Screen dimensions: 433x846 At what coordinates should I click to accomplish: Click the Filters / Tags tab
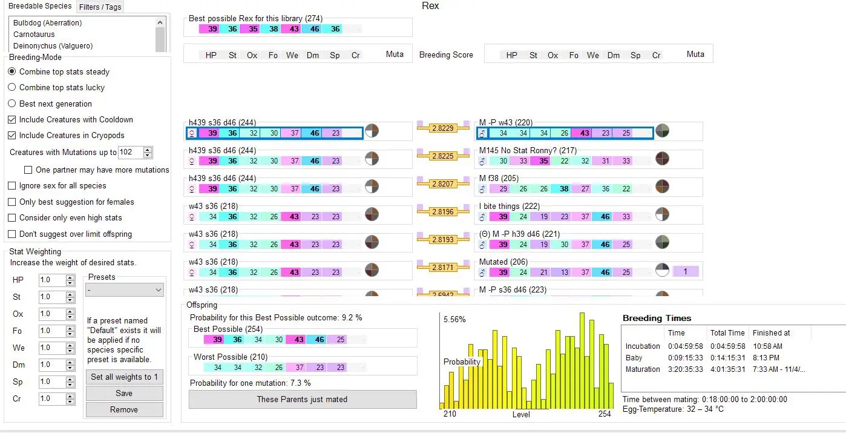pos(100,7)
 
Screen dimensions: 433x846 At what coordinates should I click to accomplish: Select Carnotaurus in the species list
pos(34,35)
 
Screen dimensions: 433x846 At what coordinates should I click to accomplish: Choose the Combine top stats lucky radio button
pos(12,87)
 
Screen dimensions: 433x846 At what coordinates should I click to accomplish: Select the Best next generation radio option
pos(12,104)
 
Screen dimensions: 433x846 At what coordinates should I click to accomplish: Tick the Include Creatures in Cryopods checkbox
pos(12,135)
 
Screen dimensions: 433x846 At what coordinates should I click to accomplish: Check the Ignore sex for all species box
pos(12,186)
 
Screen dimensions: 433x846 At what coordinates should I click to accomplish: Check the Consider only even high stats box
pos(12,218)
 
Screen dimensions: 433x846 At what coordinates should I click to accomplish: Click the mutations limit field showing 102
pos(130,152)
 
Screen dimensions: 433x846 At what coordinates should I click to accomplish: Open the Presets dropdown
pos(125,290)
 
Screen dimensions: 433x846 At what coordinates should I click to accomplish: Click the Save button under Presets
pos(124,393)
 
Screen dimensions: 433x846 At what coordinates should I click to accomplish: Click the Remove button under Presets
pos(124,409)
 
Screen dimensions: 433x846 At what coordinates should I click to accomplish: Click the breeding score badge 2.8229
pos(443,128)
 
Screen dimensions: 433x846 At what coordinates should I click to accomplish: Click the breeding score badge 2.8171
pos(443,267)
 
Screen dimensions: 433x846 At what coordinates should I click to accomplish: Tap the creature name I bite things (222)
pos(509,207)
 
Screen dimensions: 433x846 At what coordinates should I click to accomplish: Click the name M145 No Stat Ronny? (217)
pos(528,150)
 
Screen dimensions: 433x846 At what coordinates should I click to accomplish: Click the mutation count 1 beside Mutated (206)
pos(685,272)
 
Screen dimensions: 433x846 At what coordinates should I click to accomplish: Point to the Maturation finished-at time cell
pos(779,369)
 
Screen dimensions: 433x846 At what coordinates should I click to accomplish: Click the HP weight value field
pos(51,280)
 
